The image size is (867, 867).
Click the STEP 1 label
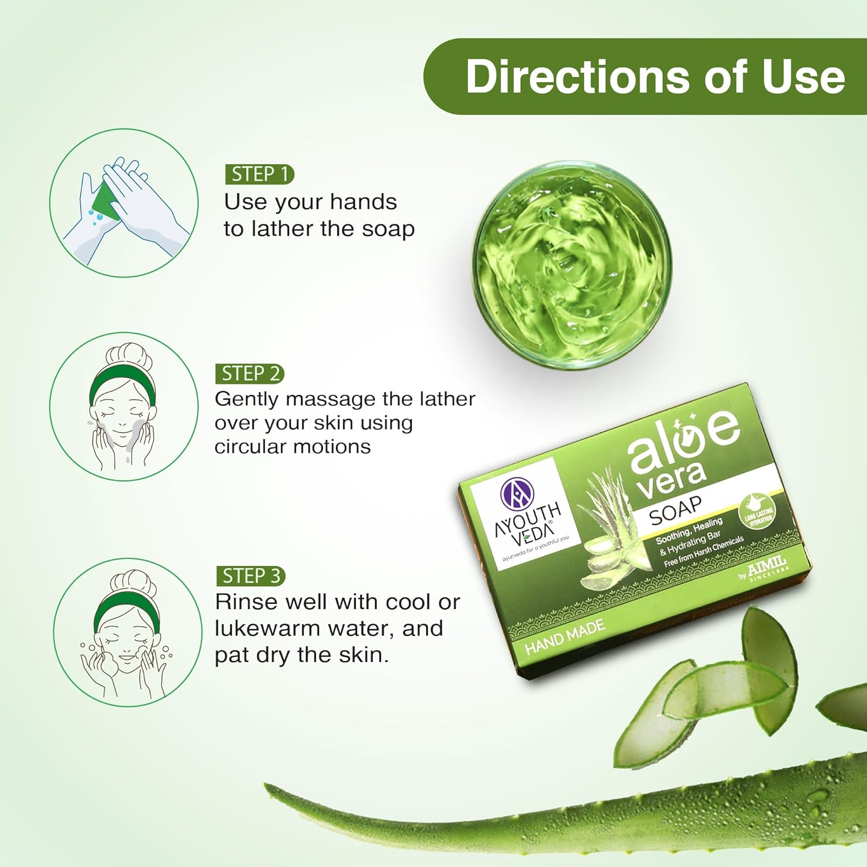(260, 174)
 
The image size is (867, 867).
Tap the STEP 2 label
(250, 373)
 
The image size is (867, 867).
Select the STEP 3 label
(251, 576)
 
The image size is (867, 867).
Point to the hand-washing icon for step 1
(124, 203)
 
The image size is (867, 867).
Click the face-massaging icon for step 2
(123, 406)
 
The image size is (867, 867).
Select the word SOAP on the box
(675, 510)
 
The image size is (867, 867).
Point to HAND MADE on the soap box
(565, 636)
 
